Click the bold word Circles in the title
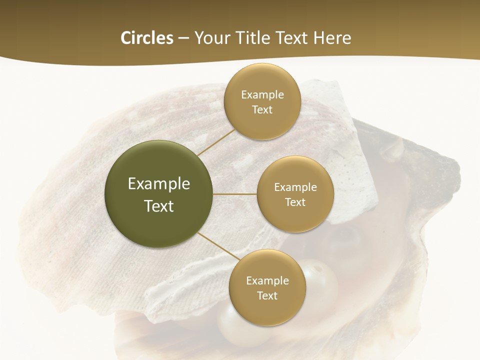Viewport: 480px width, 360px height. tap(147, 38)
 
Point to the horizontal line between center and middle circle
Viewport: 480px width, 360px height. tap(235, 194)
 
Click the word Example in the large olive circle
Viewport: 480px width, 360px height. tap(159, 184)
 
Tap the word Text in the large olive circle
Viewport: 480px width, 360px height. tap(159, 206)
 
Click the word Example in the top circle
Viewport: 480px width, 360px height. tap(262, 95)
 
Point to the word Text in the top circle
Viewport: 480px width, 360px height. tap(262, 110)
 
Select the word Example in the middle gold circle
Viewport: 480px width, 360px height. tap(295, 187)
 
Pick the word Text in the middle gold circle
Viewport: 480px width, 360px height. tap(295, 202)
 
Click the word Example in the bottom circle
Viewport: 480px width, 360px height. tap(267, 281)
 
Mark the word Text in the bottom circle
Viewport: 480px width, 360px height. tap(267, 296)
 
